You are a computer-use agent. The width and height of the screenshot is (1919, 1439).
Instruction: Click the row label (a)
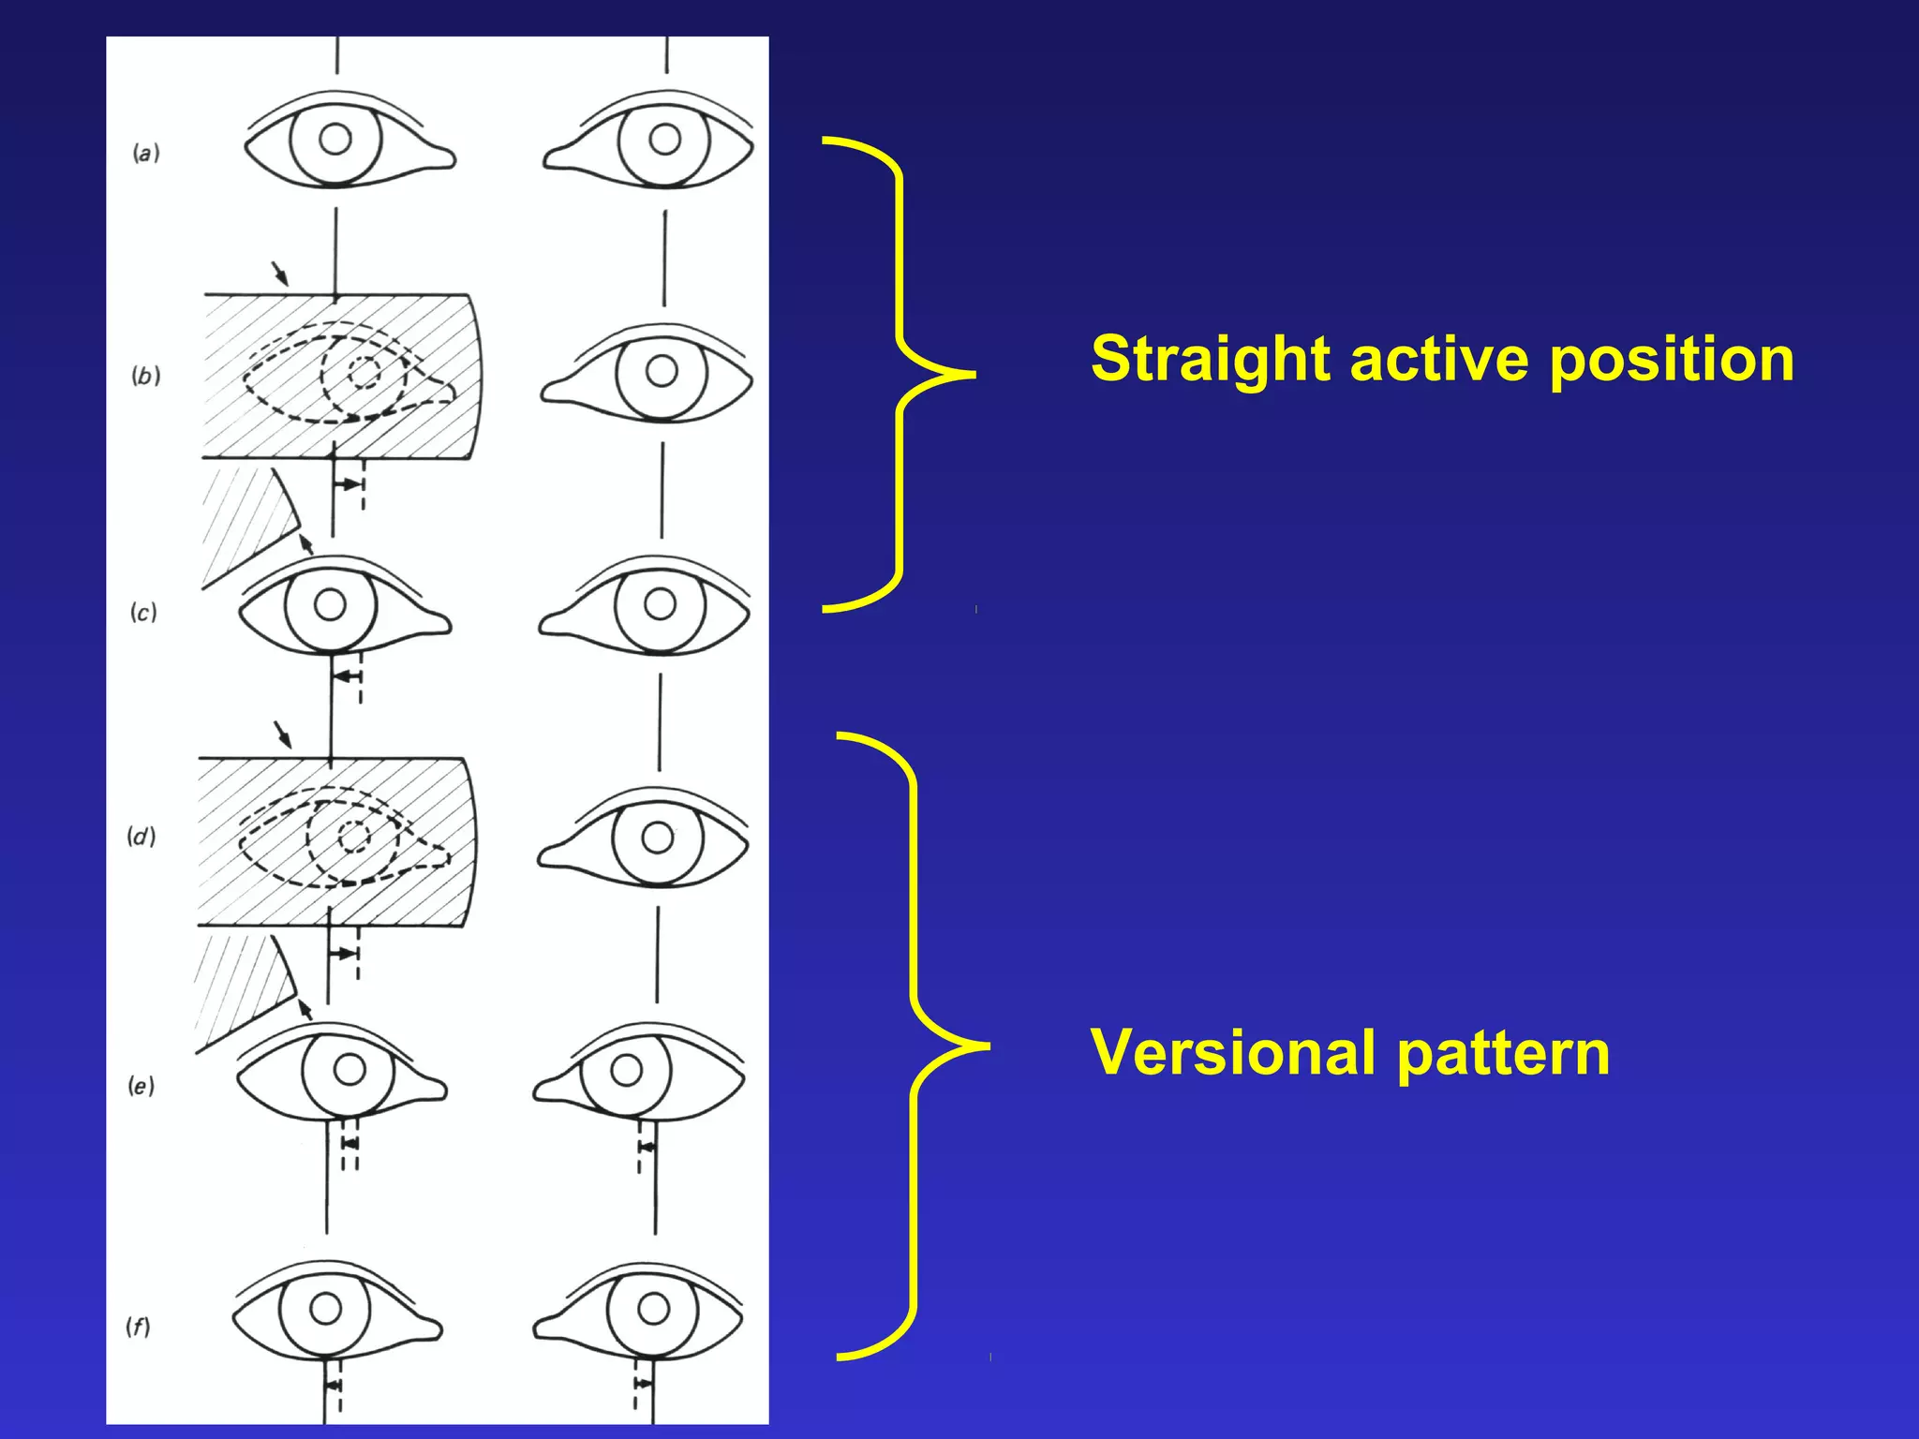click(x=145, y=153)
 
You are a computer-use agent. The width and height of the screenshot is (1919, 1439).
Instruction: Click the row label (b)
click(x=145, y=376)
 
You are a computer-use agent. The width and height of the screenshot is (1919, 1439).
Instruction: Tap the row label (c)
click(x=143, y=613)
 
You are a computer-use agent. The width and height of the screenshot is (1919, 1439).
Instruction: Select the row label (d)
click(x=141, y=836)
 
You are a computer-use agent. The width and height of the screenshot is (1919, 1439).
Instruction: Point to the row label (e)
click(x=141, y=1086)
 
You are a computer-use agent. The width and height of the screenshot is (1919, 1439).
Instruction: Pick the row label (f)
click(x=138, y=1327)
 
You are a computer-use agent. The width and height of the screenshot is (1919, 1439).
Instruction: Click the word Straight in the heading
click(x=1212, y=359)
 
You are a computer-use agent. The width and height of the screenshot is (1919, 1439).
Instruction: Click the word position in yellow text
click(x=1671, y=359)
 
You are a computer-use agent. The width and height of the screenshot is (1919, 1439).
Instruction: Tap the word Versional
click(x=1236, y=1052)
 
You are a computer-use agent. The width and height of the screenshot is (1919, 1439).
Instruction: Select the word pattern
click(x=1503, y=1052)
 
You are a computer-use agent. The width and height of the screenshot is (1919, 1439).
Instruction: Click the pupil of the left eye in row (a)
click(x=335, y=140)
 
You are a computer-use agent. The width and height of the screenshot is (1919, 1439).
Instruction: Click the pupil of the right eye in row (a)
click(x=664, y=140)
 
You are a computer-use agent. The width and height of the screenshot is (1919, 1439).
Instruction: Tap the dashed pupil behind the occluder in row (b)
click(x=364, y=372)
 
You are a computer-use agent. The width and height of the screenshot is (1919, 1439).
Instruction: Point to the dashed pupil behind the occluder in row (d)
click(x=354, y=837)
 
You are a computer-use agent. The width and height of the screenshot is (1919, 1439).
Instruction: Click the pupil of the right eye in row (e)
click(x=626, y=1070)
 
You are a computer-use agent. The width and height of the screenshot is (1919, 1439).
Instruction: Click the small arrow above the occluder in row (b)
click(x=280, y=274)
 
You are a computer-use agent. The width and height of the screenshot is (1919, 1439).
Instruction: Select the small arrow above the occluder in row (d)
click(x=282, y=734)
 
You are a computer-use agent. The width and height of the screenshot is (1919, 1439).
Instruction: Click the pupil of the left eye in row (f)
click(x=325, y=1308)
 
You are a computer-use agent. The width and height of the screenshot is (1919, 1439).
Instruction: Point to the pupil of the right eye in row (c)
click(x=660, y=604)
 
